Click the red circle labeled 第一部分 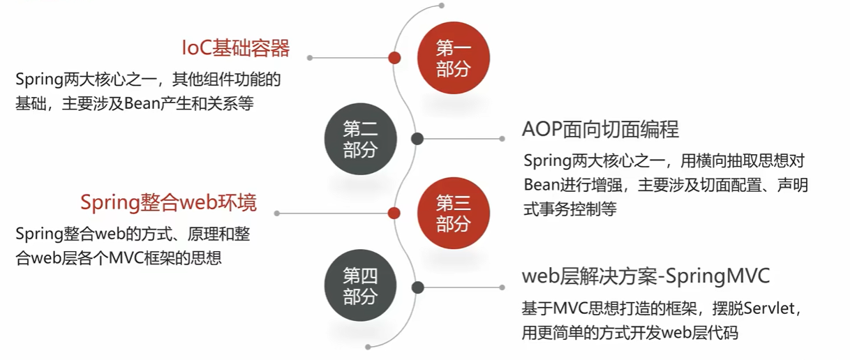454,58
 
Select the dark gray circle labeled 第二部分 360,139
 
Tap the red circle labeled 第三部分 454,213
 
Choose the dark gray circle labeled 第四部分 360,287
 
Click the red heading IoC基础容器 235,48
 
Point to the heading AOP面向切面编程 600,129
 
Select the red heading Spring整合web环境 168,203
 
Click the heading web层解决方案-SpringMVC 646,276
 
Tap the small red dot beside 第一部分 394,58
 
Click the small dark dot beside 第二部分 418,139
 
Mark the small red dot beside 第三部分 394,213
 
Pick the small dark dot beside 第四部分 418,287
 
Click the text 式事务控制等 570,209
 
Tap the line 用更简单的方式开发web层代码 629,333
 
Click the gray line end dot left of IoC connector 309,58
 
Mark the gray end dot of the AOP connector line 503,139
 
